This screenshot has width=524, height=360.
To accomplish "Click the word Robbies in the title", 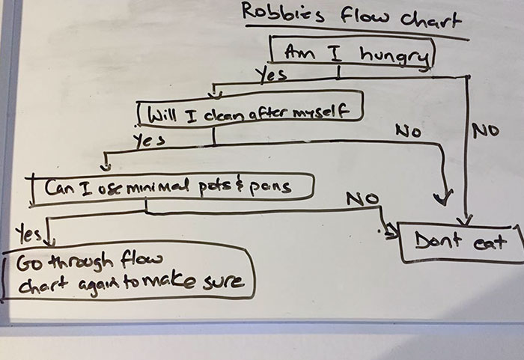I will pyautogui.click(x=272, y=13).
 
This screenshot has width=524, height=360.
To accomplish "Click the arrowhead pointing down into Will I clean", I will pyautogui.click(x=215, y=95).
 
